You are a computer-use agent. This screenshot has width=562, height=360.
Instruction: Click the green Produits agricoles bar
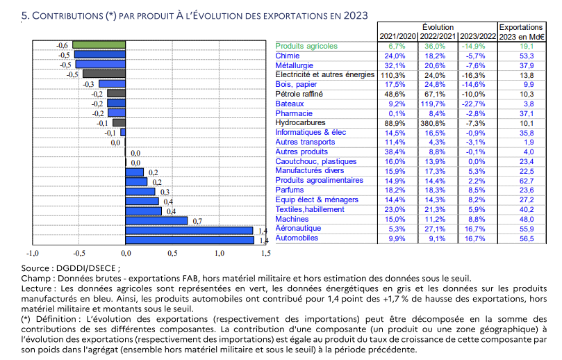click(x=99, y=45)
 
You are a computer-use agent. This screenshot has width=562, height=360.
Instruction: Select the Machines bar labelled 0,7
click(x=156, y=221)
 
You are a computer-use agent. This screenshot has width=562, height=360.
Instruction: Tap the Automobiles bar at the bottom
click(x=189, y=240)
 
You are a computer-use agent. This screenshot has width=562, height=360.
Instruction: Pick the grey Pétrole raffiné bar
click(x=116, y=93)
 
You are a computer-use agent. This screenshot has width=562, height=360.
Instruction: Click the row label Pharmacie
click(x=294, y=113)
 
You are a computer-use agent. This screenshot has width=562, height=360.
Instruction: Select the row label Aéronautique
click(x=298, y=228)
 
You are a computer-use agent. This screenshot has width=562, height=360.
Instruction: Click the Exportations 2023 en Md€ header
click(x=522, y=31)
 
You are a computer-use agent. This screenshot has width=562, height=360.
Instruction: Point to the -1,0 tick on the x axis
click(x=32, y=253)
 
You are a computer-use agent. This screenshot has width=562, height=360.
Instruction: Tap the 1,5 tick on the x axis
click(x=265, y=253)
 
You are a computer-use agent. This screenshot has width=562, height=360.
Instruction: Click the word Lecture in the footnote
click(x=37, y=288)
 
